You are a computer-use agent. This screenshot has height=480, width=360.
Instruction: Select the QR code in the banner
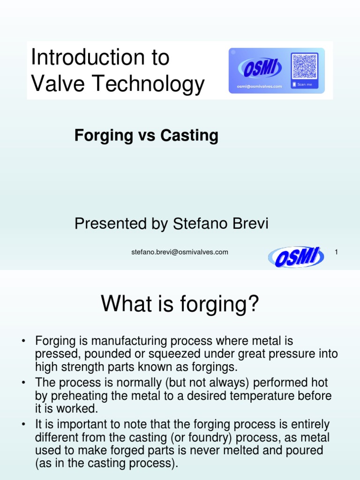click(305, 66)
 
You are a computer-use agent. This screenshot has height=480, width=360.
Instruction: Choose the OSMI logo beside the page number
click(296, 257)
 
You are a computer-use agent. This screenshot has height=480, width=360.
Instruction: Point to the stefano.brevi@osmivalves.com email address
click(180, 252)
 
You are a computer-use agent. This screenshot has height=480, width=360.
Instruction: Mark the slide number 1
click(336, 252)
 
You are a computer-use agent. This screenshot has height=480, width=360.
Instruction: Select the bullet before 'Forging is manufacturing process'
click(23, 341)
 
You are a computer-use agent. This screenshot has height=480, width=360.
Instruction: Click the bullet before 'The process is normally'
click(23, 384)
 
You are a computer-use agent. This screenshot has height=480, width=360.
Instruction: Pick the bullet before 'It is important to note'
click(23, 425)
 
